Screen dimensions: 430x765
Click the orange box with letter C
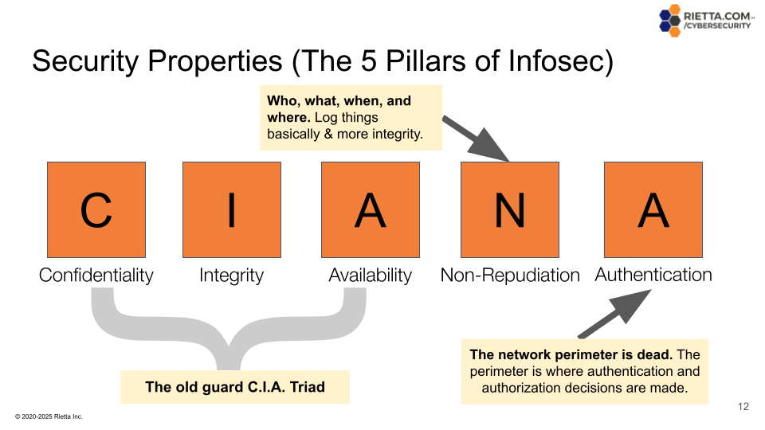tap(96, 210)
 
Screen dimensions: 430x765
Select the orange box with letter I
tap(232, 210)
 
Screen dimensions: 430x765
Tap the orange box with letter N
tap(510, 210)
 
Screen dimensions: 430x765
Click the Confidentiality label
tap(96, 276)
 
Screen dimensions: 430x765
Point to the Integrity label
tap(231, 276)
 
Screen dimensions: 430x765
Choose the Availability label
tap(370, 276)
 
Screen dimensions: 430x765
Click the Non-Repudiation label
tap(510, 276)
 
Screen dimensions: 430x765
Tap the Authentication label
tap(653, 275)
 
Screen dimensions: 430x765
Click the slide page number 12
tap(743, 407)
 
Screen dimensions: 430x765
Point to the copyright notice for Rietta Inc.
tap(49, 416)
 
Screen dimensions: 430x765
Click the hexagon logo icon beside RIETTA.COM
tap(669, 21)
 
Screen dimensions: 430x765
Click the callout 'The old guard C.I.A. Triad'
tap(235, 388)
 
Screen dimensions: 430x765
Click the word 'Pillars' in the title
tap(425, 61)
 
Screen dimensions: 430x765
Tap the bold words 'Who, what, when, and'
tap(339, 101)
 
